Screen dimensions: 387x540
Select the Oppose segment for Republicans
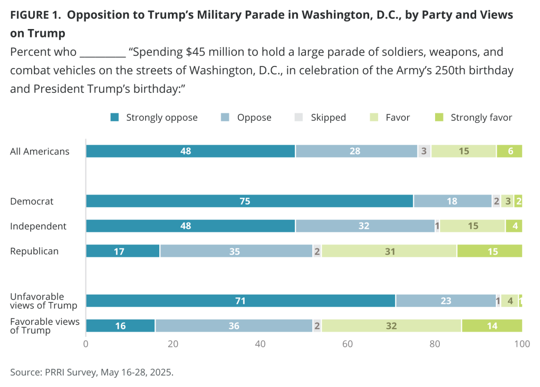236,251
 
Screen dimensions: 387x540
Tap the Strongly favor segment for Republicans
489,251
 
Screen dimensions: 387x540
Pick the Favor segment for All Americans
464,151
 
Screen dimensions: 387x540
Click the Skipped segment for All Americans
424,151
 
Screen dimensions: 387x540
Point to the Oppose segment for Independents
364,226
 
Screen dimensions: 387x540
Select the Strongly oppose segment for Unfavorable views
240,301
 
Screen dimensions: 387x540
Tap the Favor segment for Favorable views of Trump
391,326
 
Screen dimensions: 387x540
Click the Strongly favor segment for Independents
514,226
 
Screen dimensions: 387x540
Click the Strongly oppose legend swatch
115,117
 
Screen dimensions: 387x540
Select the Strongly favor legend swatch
439,117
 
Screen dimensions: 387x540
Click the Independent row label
38,226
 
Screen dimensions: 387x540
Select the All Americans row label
40,151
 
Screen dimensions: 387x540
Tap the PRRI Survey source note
92,372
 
